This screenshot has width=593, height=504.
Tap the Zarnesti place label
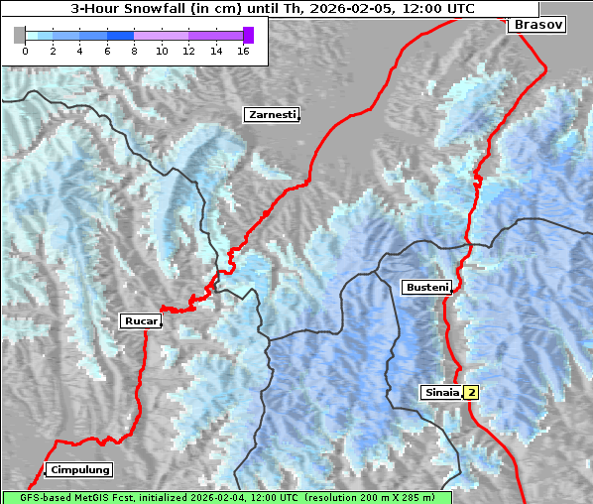pyautogui.click(x=272, y=115)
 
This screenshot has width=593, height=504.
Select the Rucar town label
pyautogui.click(x=140, y=320)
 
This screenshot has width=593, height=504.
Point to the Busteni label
pyautogui.click(x=426, y=288)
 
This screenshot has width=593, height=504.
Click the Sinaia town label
pyautogui.click(x=441, y=392)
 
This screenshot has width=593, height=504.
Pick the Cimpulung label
pyautogui.click(x=78, y=469)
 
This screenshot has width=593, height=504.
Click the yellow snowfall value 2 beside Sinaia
pyautogui.click(x=472, y=392)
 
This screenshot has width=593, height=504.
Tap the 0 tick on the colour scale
pyautogui.click(x=25, y=50)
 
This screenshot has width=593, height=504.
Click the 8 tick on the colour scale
pyautogui.click(x=134, y=50)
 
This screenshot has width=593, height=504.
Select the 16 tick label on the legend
pyautogui.click(x=243, y=50)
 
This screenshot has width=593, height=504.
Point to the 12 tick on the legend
pyautogui.click(x=188, y=50)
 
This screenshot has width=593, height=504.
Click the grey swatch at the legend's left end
pyautogui.click(x=19, y=35)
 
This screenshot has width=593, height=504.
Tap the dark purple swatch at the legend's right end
pyautogui.click(x=248, y=35)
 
